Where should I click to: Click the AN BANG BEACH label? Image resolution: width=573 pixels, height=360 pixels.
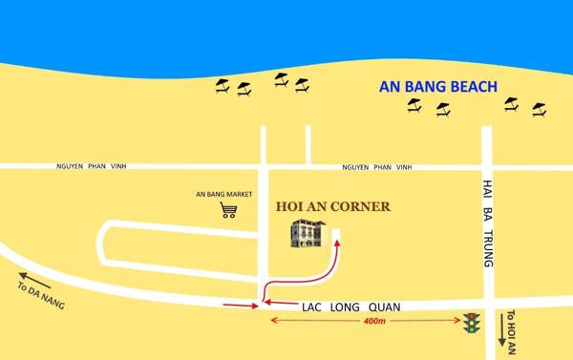438,87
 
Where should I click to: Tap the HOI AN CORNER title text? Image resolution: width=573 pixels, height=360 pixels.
332,205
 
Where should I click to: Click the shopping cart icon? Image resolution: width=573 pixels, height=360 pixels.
228,210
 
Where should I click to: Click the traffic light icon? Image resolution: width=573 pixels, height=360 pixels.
470,325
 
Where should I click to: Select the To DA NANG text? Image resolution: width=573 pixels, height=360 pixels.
41,286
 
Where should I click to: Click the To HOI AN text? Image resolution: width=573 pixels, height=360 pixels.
511,330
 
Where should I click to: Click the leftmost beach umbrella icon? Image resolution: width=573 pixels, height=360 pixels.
223,86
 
